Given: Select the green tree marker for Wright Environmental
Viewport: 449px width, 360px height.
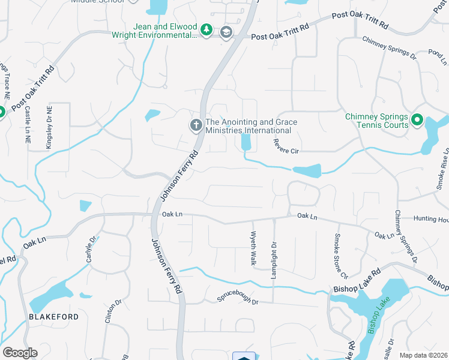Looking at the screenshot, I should click(x=206, y=30).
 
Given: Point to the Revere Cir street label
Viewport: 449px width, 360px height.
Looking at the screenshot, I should click(x=286, y=147).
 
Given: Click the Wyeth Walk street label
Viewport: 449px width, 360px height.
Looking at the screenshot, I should click(x=253, y=248).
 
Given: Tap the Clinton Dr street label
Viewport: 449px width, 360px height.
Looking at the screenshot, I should click(x=109, y=312).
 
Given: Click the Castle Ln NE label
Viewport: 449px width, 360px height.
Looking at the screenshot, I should click(x=28, y=125).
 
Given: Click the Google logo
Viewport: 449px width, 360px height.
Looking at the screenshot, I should click(x=20, y=352).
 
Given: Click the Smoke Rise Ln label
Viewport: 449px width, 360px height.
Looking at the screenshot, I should click(x=442, y=170).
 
